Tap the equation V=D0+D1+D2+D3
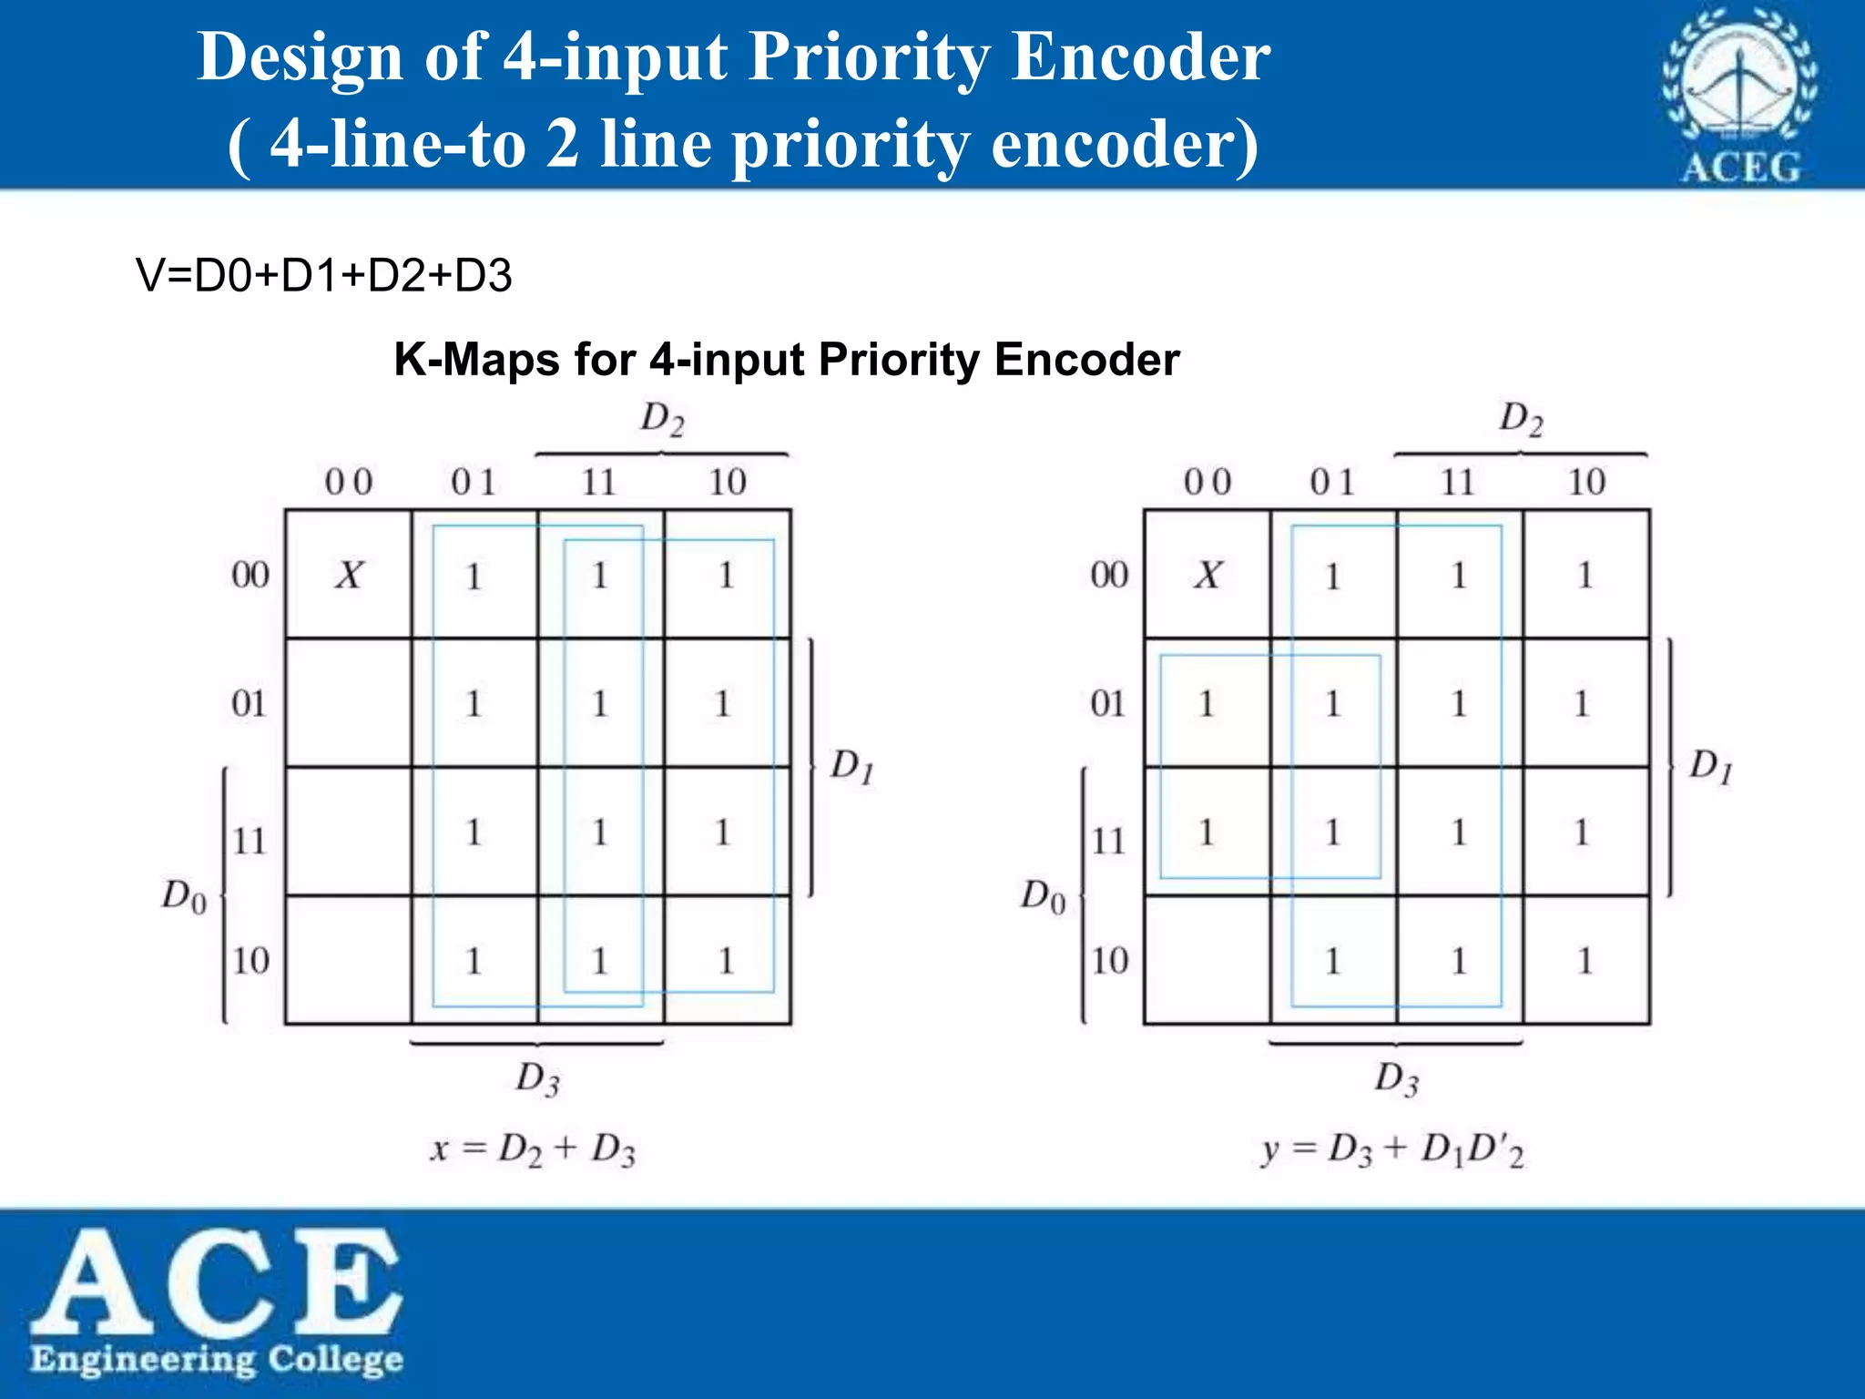point(323,275)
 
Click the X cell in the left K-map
point(349,575)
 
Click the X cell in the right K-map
point(1208,575)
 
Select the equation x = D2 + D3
point(533,1149)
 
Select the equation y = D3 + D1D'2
point(1392,1150)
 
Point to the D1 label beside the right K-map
point(1710,766)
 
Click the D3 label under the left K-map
point(537,1078)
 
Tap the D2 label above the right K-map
point(1521,419)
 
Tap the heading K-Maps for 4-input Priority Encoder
point(787,359)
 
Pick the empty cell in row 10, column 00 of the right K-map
point(1208,960)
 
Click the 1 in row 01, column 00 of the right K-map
point(1208,703)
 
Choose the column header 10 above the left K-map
point(728,482)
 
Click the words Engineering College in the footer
point(217,1359)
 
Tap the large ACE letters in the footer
point(217,1280)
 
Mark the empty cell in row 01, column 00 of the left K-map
point(349,703)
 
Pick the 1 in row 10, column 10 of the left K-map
point(726,960)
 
